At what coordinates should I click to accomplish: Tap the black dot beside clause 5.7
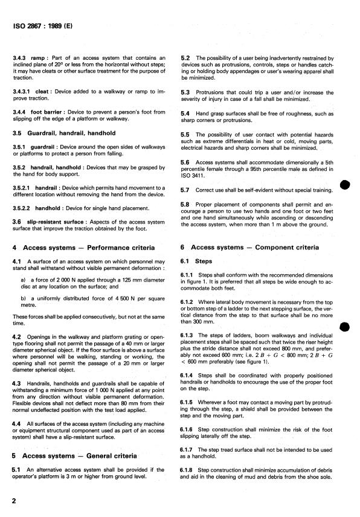pos(346,184)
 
